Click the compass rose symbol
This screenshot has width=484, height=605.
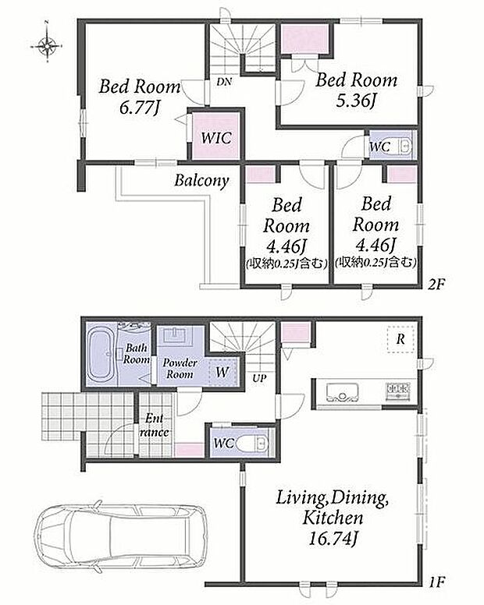pyautogui.click(x=46, y=45)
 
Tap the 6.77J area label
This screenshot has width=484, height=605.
pyautogui.click(x=140, y=108)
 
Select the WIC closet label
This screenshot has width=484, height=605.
pyautogui.click(x=216, y=137)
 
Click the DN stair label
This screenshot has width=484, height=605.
pyautogui.click(x=224, y=82)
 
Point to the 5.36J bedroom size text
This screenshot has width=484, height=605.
pyautogui.click(x=356, y=101)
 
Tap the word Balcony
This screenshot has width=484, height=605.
pyautogui.click(x=201, y=181)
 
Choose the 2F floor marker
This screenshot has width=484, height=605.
pyautogui.click(x=436, y=285)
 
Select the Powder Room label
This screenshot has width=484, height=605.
pyautogui.click(x=180, y=369)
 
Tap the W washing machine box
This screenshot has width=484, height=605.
pyautogui.click(x=222, y=372)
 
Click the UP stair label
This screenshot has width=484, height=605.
pyautogui.click(x=259, y=379)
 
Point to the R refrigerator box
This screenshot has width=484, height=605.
pyautogui.click(x=400, y=339)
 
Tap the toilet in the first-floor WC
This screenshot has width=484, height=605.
pyautogui.click(x=252, y=443)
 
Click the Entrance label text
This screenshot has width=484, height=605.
pyautogui.click(x=154, y=425)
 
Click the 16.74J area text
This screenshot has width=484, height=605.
pyautogui.click(x=333, y=538)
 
